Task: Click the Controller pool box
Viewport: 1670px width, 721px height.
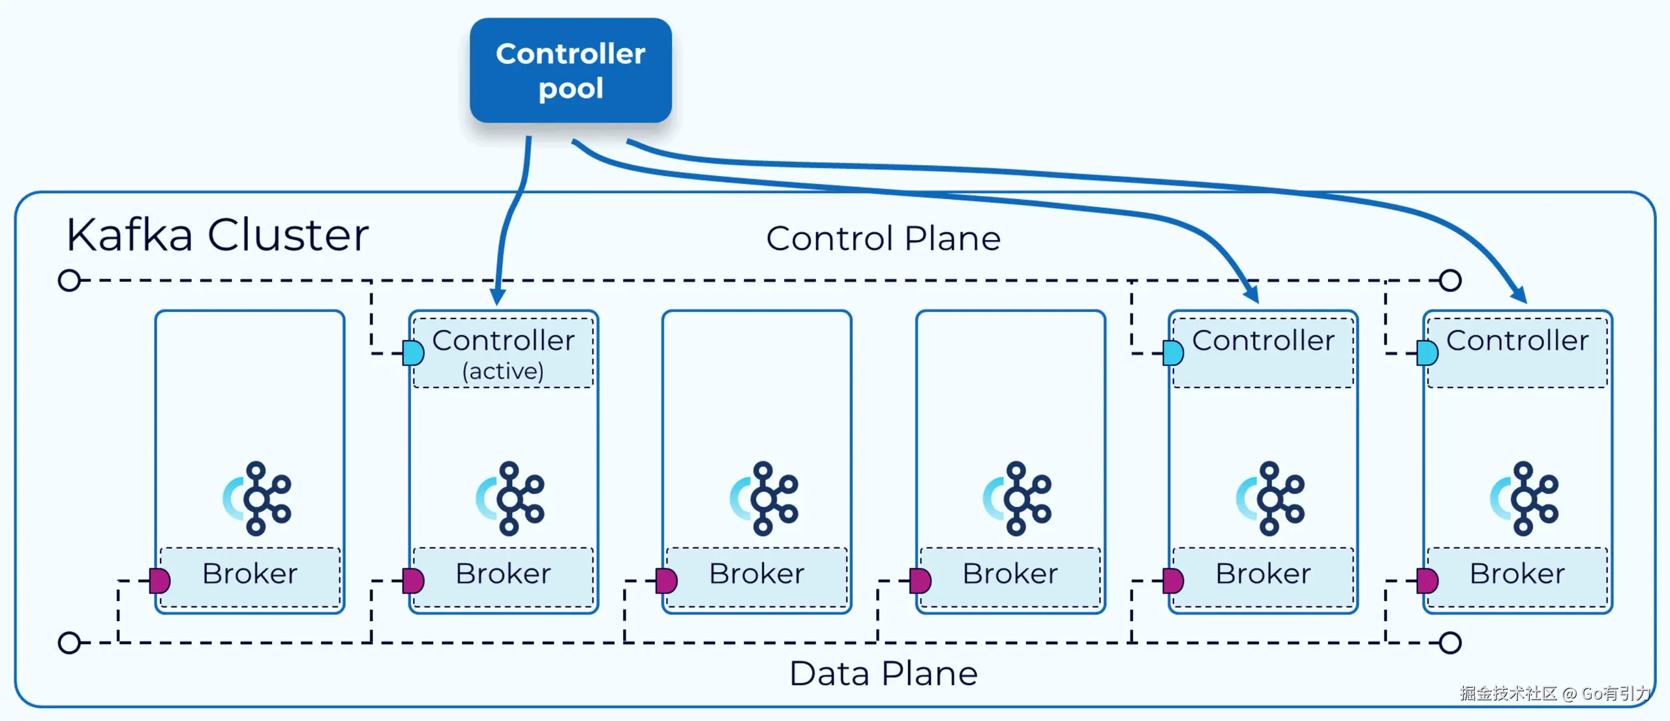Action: [570, 70]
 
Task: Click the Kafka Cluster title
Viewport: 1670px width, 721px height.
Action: [217, 235]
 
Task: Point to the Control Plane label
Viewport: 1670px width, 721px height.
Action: [883, 239]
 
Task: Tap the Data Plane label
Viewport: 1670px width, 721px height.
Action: [883, 674]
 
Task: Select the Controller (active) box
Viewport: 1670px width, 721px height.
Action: [504, 353]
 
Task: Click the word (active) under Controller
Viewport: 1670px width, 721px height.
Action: [503, 371]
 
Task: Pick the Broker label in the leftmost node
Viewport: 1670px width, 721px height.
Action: [250, 574]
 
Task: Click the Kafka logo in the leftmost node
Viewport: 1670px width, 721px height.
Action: [258, 499]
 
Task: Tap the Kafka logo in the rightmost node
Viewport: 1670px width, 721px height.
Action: [1525, 499]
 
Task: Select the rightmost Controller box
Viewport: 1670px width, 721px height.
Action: [1517, 353]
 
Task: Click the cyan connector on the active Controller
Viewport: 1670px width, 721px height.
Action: [414, 353]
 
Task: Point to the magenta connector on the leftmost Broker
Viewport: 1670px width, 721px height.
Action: [160, 580]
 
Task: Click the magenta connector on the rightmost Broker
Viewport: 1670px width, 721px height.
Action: [1427, 580]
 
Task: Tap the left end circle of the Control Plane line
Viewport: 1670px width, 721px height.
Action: [69, 281]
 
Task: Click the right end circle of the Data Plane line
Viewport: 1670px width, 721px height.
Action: [1450, 643]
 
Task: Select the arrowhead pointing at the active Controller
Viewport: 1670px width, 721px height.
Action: [498, 297]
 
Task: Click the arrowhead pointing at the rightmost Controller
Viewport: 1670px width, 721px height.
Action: [1519, 295]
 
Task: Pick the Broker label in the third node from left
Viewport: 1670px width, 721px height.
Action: [757, 574]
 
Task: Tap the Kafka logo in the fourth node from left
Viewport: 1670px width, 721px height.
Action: [1018, 499]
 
